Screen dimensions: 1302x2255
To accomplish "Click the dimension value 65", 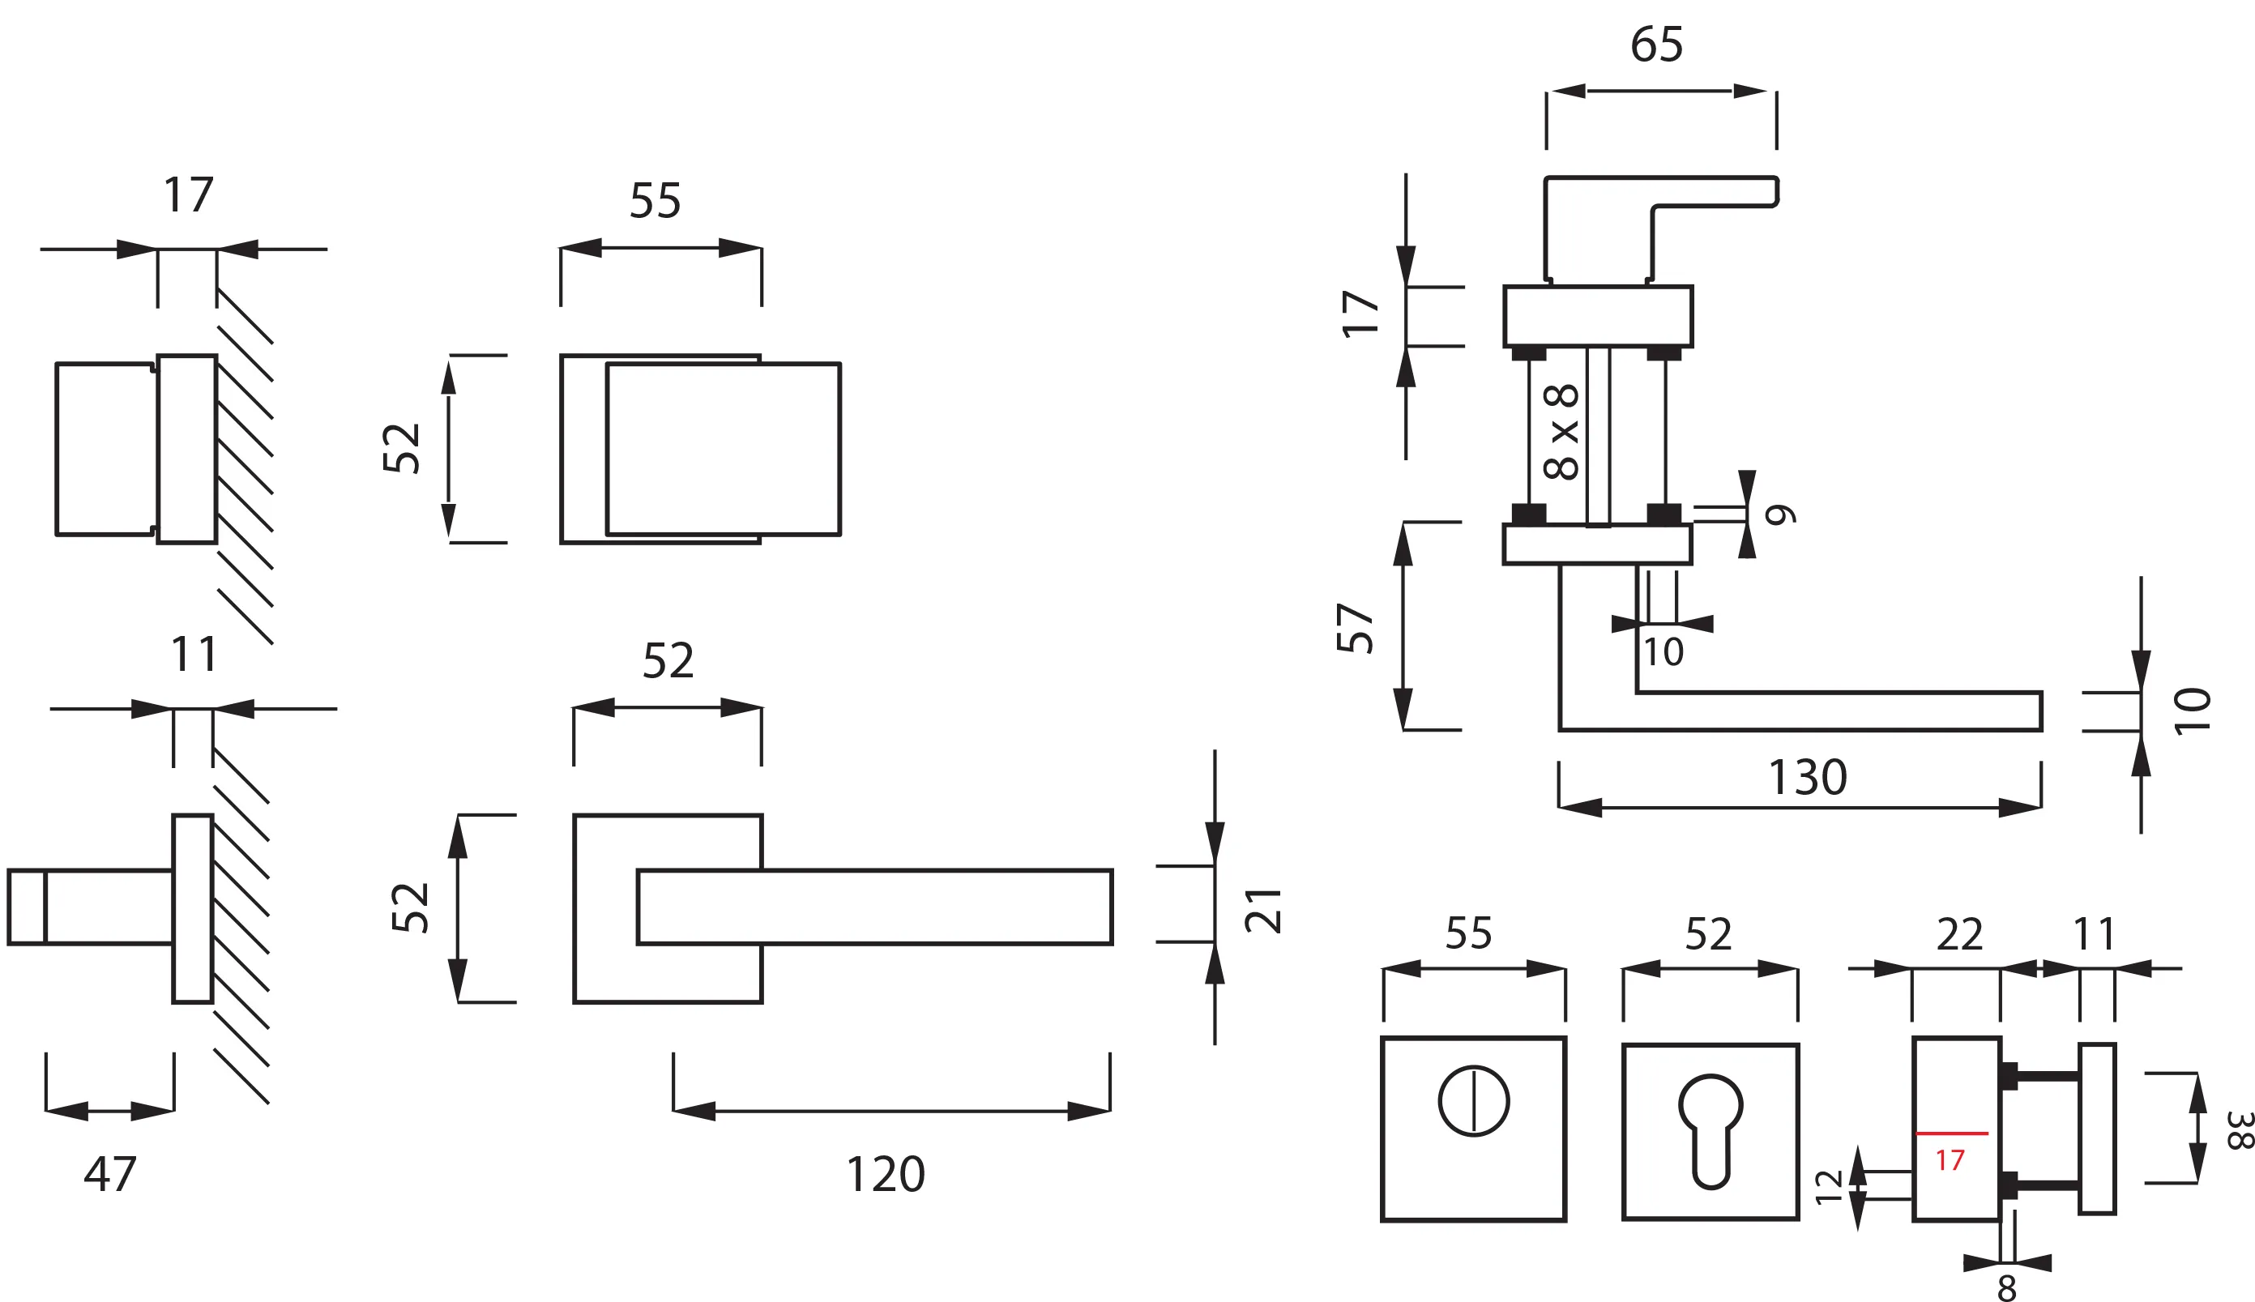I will pyautogui.click(x=1656, y=45).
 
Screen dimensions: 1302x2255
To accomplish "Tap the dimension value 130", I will pyautogui.click(x=1807, y=777).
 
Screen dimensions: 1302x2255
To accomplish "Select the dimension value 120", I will pyautogui.click(x=885, y=1174).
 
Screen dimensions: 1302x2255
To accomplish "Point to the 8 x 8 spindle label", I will pyautogui.click(x=1562, y=432).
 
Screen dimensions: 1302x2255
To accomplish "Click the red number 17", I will pyautogui.click(x=1950, y=1161).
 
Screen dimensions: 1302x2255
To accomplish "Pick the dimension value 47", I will pyautogui.click(x=110, y=1173).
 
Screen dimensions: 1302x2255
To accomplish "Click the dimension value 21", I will pyautogui.click(x=1263, y=911).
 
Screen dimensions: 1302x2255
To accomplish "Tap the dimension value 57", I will pyautogui.click(x=1356, y=628).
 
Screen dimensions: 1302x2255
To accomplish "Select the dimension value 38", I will pyautogui.click(x=2237, y=1130).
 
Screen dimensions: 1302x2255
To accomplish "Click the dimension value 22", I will pyautogui.click(x=1960, y=935).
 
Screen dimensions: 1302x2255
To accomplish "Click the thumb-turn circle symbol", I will pyautogui.click(x=1474, y=1101).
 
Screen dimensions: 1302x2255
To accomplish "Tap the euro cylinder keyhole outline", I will pyautogui.click(x=1710, y=1130).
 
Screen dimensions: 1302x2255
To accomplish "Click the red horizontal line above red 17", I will pyautogui.click(x=1952, y=1133).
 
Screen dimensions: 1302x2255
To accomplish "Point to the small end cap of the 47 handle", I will pyautogui.click(x=27, y=907).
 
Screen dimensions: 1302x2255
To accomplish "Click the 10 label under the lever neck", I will pyautogui.click(x=1663, y=652).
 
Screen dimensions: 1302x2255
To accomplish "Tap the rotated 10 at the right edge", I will pyautogui.click(x=2193, y=711).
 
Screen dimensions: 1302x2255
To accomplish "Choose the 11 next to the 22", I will pyautogui.click(x=2094, y=935).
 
